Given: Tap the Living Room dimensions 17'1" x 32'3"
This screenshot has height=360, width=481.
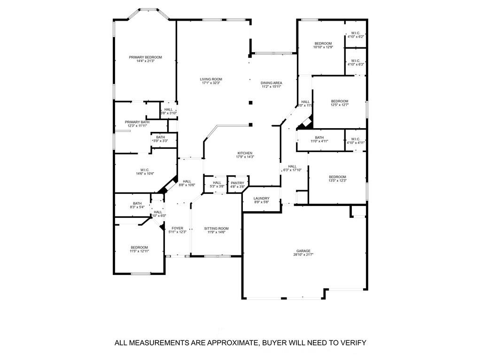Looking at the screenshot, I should pyautogui.click(x=211, y=83).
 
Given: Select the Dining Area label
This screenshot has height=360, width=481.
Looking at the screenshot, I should pyautogui.click(x=272, y=83).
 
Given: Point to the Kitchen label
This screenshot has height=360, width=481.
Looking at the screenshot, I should pyautogui.click(x=245, y=153).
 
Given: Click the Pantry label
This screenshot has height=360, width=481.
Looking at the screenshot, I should pyautogui.click(x=237, y=183).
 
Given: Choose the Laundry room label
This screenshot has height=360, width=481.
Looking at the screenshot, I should pyautogui.click(x=261, y=199).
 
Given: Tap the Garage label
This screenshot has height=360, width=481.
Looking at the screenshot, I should pyautogui.click(x=303, y=251).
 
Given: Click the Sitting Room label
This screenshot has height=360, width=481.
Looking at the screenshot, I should pyautogui.click(x=216, y=229).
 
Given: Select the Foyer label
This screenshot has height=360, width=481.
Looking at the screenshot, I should pyautogui.click(x=177, y=228).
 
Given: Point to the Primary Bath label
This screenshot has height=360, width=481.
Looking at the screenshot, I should pyautogui.click(x=137, y=122).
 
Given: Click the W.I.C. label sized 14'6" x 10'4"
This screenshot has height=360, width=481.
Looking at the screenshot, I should pyautogui.click(x=145, y=170).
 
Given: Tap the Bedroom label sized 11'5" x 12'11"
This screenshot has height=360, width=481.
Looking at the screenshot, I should pyautogui.click(x=139, y=247).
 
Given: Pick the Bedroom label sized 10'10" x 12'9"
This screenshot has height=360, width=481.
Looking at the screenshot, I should pyautogui.click(x=323, y=43).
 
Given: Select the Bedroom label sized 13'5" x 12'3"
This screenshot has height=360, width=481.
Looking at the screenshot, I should pyautogui.click(x=337, y=177).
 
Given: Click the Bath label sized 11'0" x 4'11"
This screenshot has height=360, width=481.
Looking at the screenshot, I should pyautogui.click(x=319, y=138).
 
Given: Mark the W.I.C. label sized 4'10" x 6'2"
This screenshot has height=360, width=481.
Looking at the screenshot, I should pyautogui.click(x=356, y=33).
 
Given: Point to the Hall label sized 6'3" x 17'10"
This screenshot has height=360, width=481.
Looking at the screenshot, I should pyautogui.click(x=292, y=166).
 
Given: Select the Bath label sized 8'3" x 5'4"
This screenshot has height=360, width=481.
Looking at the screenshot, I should pyautogui.click(x=137, y=203).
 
